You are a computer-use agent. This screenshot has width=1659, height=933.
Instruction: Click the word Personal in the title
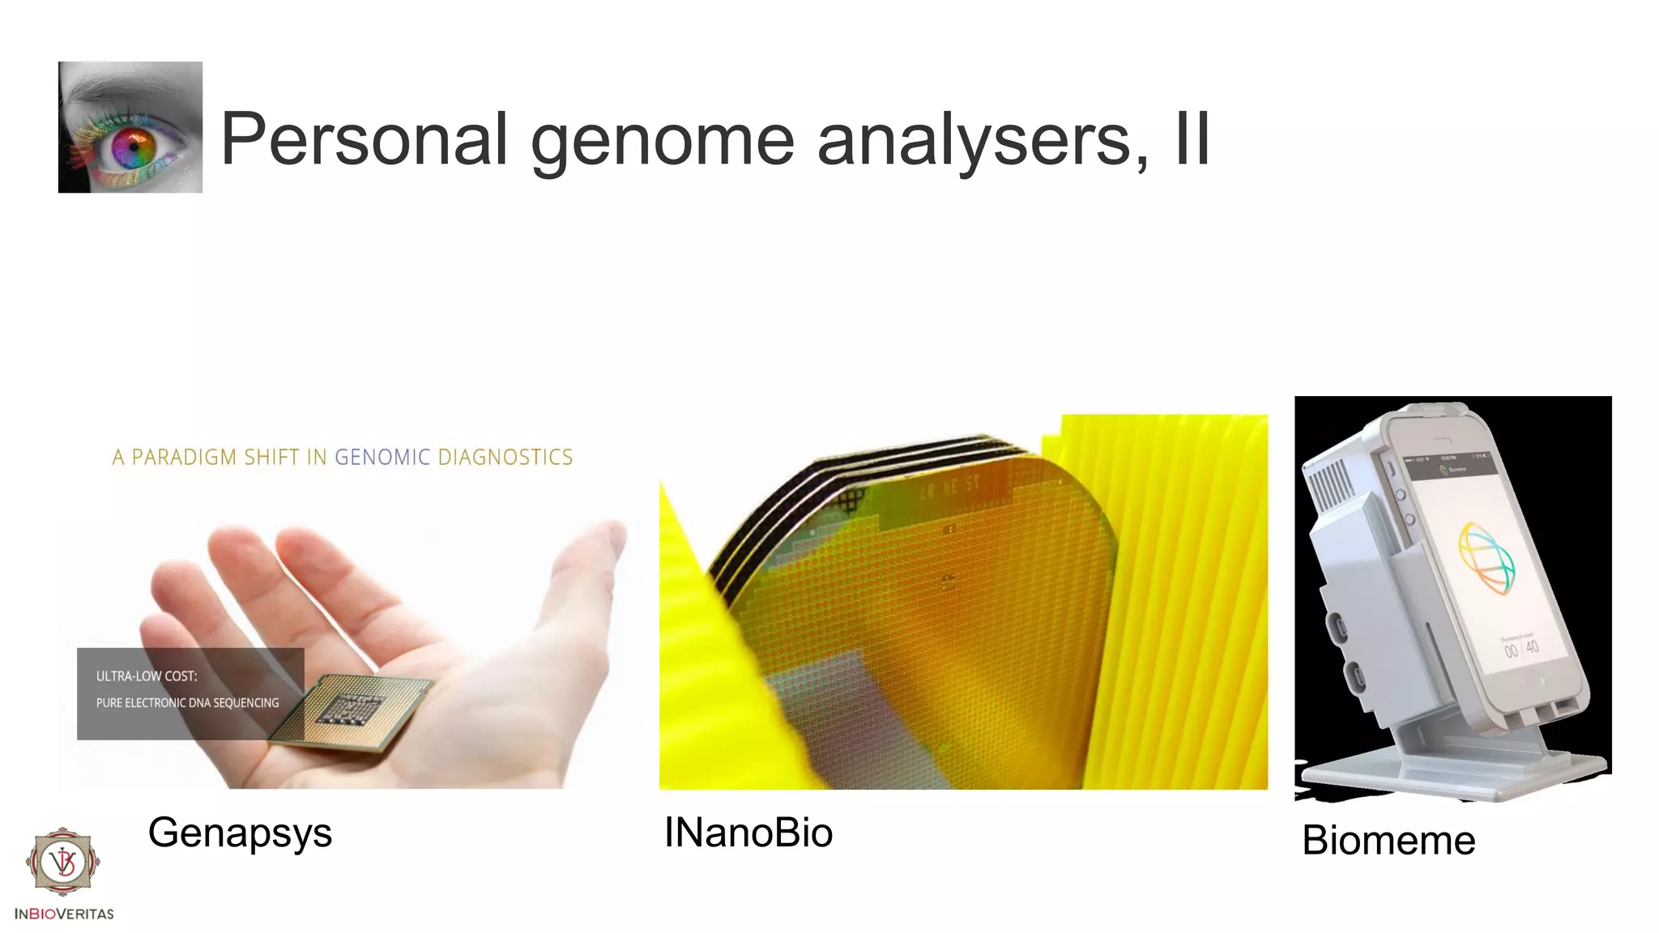pyautogui.click(x=364, y=139)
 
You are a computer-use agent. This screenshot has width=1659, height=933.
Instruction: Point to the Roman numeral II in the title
pyautogui.click(x=1191, y=139)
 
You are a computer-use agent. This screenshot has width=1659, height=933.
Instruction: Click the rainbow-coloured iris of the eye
pyautogui.click(x=134, y=148)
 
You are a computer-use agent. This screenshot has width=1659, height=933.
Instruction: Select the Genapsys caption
pyautogui.click(x=240, y=833)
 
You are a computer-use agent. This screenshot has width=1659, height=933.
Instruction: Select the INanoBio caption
pyautogui.click(x=748, y=833)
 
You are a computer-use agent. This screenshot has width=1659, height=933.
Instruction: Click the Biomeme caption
pyautogui.click(x=1388, y=840)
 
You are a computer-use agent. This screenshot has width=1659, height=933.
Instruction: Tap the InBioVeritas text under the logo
pyautogui.click(x=64, y=914)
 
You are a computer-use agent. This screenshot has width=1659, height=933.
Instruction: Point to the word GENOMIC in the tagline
pyautogui.click(x=382, y=458)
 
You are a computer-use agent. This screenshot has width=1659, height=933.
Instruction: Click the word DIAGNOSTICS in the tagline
pyautogui.click(x=505, y=458)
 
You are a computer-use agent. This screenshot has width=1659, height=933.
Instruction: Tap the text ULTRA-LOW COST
pyautogui.click(x=147, y=676)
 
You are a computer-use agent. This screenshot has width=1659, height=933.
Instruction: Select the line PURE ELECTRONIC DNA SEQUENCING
pyautogui.click(x=187, y=703)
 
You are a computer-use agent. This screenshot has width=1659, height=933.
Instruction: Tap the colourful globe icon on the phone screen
pyautogui.click(x=1486, y=559)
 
